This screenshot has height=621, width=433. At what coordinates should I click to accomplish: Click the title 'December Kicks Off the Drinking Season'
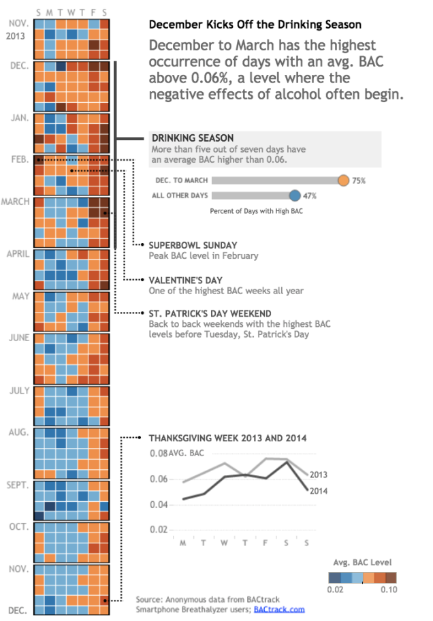click(x=255, y=25)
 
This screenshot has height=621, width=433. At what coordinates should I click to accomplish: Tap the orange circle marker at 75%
click(x=343, y=180)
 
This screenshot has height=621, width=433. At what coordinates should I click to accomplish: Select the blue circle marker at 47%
click(x=295, y=195)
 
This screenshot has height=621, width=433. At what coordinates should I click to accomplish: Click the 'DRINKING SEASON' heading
click(x=192, y=138)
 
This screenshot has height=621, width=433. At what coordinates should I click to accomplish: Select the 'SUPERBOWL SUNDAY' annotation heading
click(x=193, y=245)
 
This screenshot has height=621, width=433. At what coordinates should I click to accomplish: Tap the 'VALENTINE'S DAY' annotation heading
click(x=185, y=280)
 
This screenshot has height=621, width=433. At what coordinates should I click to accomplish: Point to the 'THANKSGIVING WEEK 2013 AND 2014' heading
click(x=227, y=438)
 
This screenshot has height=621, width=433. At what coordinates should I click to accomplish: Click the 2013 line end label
click(x=319, y=475)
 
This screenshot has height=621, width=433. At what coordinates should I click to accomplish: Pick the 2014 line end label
click(x=319, y=490)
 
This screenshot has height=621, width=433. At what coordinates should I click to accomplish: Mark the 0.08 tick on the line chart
click(x=158, y=453)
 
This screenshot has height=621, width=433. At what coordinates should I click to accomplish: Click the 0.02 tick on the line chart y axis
click(x=158, y=530)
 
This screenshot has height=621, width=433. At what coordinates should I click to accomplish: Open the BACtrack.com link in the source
click(x=279, y=609)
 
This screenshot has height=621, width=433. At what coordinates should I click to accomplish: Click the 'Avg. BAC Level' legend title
click(x=362, y=562)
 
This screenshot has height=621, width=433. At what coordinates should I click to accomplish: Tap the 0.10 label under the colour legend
click(x=388, y=590)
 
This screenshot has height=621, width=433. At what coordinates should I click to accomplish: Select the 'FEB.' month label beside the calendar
click(x=20, y=159)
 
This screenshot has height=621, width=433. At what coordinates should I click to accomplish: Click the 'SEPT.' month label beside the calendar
click(x=18, y=485)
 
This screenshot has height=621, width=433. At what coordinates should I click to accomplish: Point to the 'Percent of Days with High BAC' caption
click(x=257, y=211)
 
